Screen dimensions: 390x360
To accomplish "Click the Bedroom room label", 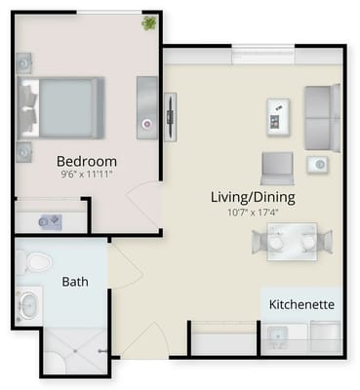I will [86, 161].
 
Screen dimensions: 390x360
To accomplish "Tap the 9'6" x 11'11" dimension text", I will [86, 175].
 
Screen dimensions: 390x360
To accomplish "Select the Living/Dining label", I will [253, 197].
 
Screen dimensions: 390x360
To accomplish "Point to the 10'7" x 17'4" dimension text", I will [253, 212].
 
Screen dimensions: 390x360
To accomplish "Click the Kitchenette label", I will [302, 304].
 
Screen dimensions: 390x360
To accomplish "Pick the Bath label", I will [75, 282].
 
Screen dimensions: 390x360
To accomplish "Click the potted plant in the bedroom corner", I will [149, 22].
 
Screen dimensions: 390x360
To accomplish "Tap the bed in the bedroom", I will [63, 104].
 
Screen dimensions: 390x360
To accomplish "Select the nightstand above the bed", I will [23, 61].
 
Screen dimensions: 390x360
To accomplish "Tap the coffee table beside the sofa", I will [276, 117].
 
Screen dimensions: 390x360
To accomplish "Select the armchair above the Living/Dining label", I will [276, 167].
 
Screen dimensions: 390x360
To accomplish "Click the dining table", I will [292, 240].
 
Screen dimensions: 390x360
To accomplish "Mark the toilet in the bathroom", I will [35, 261].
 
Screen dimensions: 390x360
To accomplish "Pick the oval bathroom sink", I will [28, 305].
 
